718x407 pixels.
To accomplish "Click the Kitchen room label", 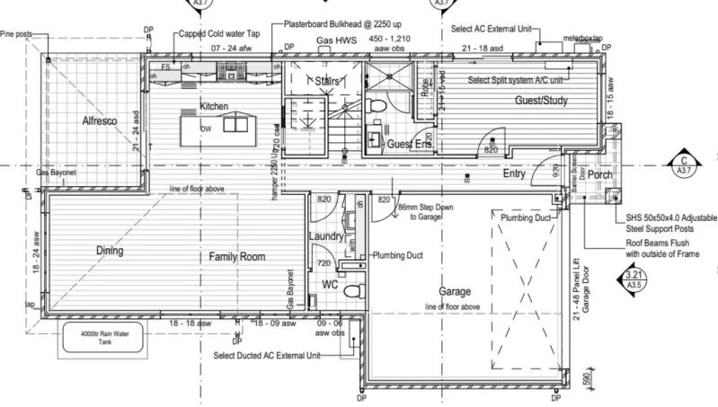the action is point(214,106).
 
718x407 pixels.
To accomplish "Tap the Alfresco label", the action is point(100,120).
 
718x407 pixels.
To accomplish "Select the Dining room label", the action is point(110,251).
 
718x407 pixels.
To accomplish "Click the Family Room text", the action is point(237,257).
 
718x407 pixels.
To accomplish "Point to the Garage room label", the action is point(455,292).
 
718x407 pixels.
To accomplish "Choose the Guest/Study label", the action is point(541,101).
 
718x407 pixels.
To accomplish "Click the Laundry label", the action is point(326,236).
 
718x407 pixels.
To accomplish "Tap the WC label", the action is point(330,285).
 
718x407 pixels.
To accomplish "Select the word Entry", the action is point(514,174).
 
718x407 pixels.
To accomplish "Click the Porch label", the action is point(600,174).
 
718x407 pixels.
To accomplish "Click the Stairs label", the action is point(325,82).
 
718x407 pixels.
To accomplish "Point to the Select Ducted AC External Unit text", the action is point(267,356).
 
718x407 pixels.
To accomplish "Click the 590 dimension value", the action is point(587,377).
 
